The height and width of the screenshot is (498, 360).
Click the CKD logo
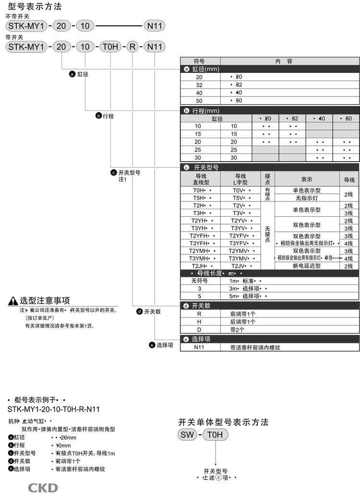[43, 488]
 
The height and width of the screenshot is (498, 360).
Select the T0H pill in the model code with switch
[111, 47]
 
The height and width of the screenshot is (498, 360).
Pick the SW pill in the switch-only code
[187, 435]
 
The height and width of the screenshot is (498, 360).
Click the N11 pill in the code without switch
[155, 26]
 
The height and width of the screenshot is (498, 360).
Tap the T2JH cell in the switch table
[200, 266]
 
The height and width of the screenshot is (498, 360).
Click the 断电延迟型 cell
[307, 266]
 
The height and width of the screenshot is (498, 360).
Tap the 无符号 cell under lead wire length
[200, 281]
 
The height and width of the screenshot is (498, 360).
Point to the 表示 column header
[307, 179]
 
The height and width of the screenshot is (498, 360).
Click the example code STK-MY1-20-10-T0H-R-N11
[54, 409]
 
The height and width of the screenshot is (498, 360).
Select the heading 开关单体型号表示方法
[223, 422]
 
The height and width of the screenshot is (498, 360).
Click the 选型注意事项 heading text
[45, 301]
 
